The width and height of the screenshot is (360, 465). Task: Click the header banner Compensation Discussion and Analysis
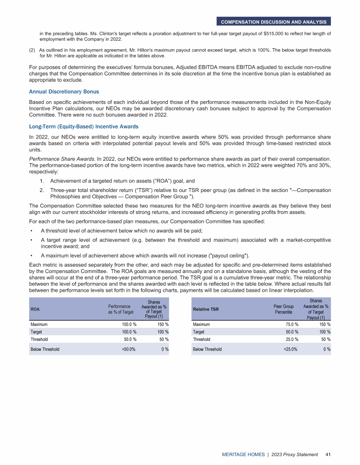pos(274,22)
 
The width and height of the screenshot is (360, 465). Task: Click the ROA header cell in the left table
pos(35,310)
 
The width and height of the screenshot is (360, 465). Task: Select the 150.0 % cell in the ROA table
pos(127,324)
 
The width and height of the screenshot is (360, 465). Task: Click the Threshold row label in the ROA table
pos(39,339)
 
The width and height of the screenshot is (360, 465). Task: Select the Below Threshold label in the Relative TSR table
pos(207,349)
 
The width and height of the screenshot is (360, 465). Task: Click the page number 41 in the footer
pos(327,454)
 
